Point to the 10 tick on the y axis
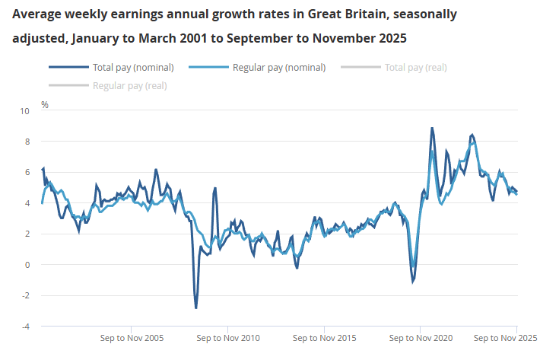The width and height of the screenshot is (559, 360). point(25,111)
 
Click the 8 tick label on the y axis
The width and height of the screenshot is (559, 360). point(27,142)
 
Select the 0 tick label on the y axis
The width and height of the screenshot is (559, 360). point(27,265)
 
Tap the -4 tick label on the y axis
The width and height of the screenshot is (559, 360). point(26,327)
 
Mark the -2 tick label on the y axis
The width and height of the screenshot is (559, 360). point(26,295)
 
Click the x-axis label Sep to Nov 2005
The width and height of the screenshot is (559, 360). point(133,337)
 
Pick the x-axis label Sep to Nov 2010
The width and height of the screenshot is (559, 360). point(229,337)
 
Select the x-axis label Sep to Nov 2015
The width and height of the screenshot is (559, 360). point(325,337)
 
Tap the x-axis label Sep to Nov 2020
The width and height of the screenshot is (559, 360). point(421,337)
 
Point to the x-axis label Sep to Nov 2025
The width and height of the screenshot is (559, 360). point(506,337)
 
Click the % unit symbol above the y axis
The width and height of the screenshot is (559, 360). point(45,104)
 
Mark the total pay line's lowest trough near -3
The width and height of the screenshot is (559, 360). point(195,307)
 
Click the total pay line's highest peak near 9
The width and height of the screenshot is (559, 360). point(432,129)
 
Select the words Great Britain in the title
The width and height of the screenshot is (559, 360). point(345,14)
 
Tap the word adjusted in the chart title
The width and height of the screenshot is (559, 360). point(37,38)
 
